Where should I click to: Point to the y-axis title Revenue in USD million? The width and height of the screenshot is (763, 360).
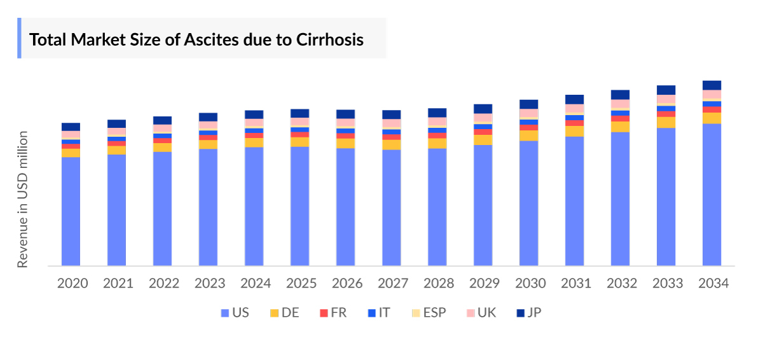23,199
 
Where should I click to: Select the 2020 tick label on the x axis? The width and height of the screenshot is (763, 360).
72,284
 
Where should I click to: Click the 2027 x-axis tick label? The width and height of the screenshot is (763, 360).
392,284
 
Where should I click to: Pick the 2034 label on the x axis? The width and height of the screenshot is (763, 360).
712,284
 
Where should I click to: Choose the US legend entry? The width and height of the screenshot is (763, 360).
235,313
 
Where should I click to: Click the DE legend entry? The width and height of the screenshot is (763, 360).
284,313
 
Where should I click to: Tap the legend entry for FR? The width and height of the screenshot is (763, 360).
333,313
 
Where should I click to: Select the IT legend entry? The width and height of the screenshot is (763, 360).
379,313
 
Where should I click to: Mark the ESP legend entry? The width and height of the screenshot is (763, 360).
429,313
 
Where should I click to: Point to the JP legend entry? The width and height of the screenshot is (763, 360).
529,313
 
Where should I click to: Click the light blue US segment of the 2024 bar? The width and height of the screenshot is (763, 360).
254,206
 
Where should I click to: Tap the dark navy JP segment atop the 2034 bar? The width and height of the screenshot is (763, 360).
712,85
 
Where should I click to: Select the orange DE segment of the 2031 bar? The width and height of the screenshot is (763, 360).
575,131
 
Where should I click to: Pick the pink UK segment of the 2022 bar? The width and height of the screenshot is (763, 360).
163,128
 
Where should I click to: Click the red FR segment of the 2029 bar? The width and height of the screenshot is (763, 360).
483,132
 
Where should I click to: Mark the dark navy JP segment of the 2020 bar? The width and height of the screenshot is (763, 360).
71,127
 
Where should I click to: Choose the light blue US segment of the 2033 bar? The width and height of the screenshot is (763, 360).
666,197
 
